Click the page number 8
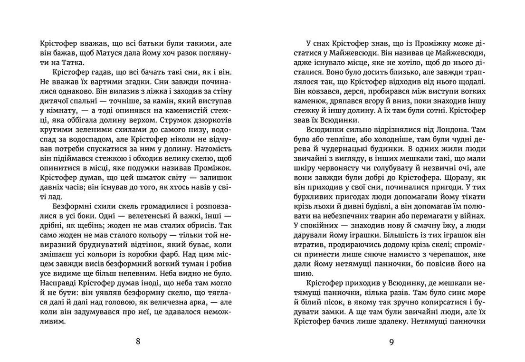[x=138, y=341]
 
